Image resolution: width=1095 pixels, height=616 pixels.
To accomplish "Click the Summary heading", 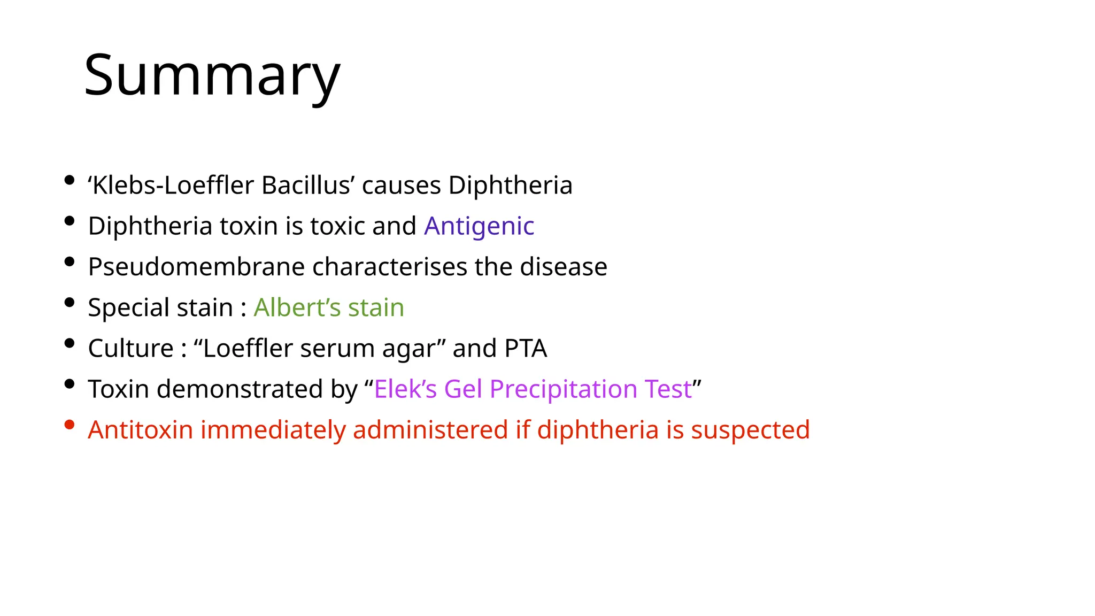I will point(212,75).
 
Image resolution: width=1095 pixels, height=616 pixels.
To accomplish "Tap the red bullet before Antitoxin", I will point(69,425).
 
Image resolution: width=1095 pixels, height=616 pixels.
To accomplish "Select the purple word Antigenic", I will point(479,226).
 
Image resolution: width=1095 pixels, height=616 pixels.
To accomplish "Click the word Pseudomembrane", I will point(196,267).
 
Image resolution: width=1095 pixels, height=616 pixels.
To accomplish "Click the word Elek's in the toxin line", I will point(406,389).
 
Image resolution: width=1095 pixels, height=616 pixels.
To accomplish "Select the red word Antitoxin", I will point(141,430).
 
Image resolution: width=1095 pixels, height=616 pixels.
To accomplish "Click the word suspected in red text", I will point(751,430).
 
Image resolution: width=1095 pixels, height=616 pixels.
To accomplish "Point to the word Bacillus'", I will point(309,186).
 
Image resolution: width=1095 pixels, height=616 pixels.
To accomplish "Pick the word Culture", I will point(131,348).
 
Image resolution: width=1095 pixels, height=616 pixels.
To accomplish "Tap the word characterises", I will point(390,267).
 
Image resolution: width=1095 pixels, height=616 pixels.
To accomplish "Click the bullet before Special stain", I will point(69,303).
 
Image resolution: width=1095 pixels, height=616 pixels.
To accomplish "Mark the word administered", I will point(430,430).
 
